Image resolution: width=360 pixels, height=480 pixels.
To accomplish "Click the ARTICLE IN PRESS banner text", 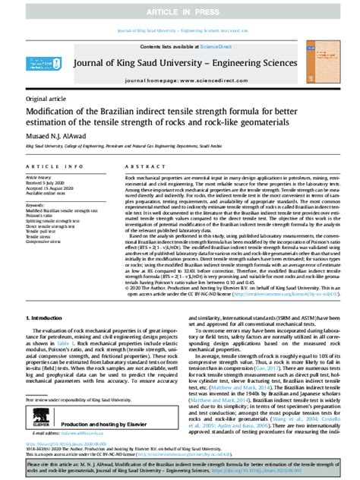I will pyautogui.click(x=179, y=8).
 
